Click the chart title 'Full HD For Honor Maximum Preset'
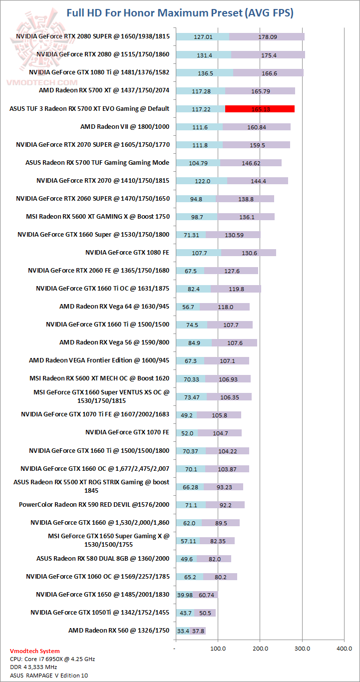tap(180, 13)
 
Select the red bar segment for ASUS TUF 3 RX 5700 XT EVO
tap(260, 109)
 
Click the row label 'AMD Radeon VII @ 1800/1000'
tap(125, 127)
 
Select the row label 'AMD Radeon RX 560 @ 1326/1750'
tap(119, 631)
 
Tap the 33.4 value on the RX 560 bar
tap(183, 631)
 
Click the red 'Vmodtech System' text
tap(35, 651)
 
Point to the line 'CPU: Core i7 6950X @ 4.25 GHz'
tap(52, 659)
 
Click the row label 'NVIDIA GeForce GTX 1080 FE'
tap(127, 253)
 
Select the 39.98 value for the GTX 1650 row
tap(185, 595)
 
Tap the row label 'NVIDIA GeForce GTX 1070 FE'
tap(127, 432)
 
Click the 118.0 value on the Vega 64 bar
tap(226, 307)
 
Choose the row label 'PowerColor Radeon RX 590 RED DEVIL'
tap(94, 504)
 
